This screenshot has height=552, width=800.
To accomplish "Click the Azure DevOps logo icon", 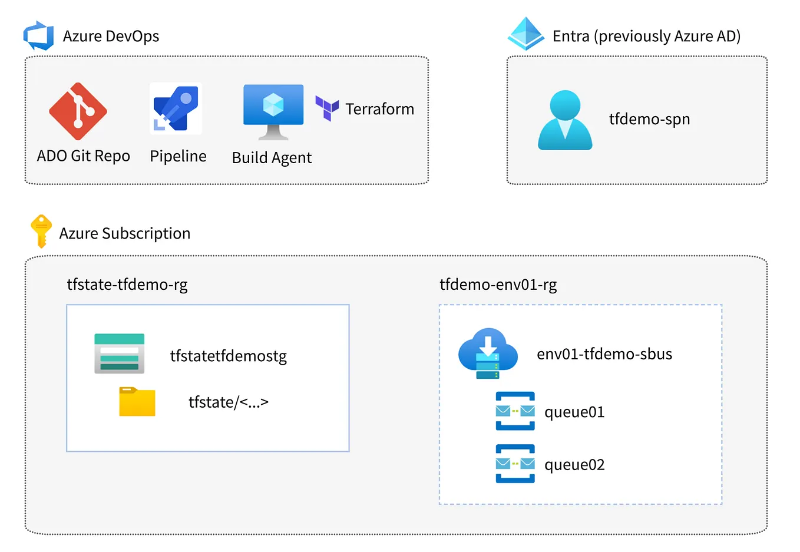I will [39, 35].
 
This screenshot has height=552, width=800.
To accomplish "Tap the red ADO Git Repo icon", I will [78, 111].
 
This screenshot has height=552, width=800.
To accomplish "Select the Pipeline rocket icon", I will [176, 108].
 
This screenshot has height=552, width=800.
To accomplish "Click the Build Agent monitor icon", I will [273, 111].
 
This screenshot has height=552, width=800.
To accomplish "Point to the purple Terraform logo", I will [327, 108].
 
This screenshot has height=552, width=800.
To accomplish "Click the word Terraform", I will [379, 109].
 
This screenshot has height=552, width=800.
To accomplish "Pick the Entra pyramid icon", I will [525, 34].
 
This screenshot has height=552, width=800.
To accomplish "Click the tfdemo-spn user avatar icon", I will [564, 120].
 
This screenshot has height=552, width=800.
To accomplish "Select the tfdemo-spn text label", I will [649, 119].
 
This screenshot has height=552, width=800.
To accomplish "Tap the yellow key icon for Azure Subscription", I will [41, 231].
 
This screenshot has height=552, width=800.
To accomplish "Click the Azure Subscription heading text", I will [125, 233].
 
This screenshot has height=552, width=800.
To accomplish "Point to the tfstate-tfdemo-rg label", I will [127, 285].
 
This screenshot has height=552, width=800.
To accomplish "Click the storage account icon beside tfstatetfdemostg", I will [120, 353].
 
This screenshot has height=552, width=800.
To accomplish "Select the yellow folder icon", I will [137, 402].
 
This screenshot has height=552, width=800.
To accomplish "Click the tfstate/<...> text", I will [229, 402].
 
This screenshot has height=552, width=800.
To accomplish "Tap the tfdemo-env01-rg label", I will [498, 285].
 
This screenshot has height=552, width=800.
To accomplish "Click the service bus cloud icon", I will [488, 353].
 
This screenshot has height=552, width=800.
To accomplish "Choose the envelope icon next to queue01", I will [515, 411].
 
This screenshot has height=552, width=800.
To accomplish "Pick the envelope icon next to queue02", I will [515, 464].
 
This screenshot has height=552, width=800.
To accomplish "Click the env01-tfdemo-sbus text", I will [604, 354].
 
